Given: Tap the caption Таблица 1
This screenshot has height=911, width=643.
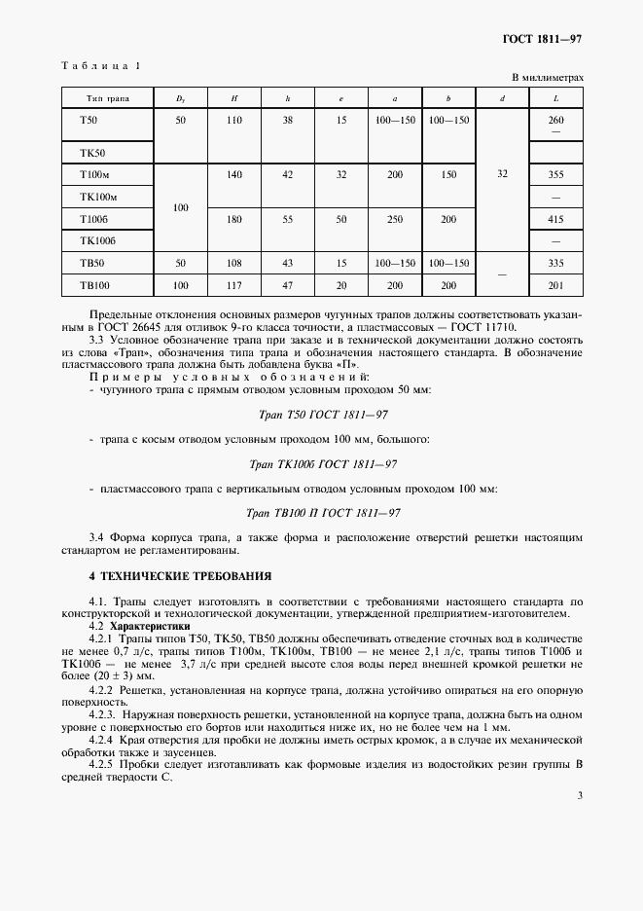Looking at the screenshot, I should click(x=100, y=66).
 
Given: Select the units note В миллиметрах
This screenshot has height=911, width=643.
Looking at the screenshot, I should click(x=548, y=77).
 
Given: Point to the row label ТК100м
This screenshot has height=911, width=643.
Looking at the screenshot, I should click(x=97, y=197).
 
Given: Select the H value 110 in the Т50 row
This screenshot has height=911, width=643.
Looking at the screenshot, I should click(x=233, y=120).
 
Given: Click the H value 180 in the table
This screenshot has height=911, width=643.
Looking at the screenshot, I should click(x=233, y=220).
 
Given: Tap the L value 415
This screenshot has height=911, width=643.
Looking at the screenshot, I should click(x=556, y=220).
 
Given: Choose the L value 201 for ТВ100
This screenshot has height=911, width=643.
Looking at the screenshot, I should click(x=556, y=284).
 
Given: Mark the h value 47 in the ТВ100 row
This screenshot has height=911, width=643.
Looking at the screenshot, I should click(x=287, y=284).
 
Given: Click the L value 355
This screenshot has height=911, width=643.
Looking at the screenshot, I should click(x=556, y=174).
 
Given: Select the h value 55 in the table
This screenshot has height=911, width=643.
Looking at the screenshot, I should click(x=287, y=220).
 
